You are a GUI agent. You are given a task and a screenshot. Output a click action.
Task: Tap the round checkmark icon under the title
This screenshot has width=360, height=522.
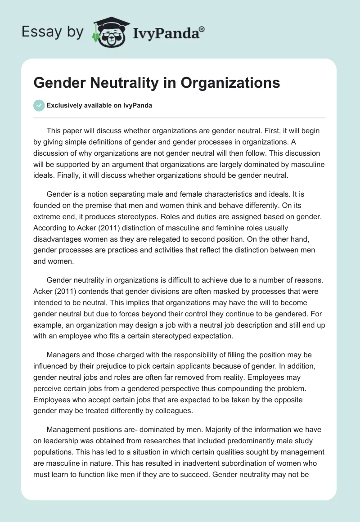click(x=39, y=105)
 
